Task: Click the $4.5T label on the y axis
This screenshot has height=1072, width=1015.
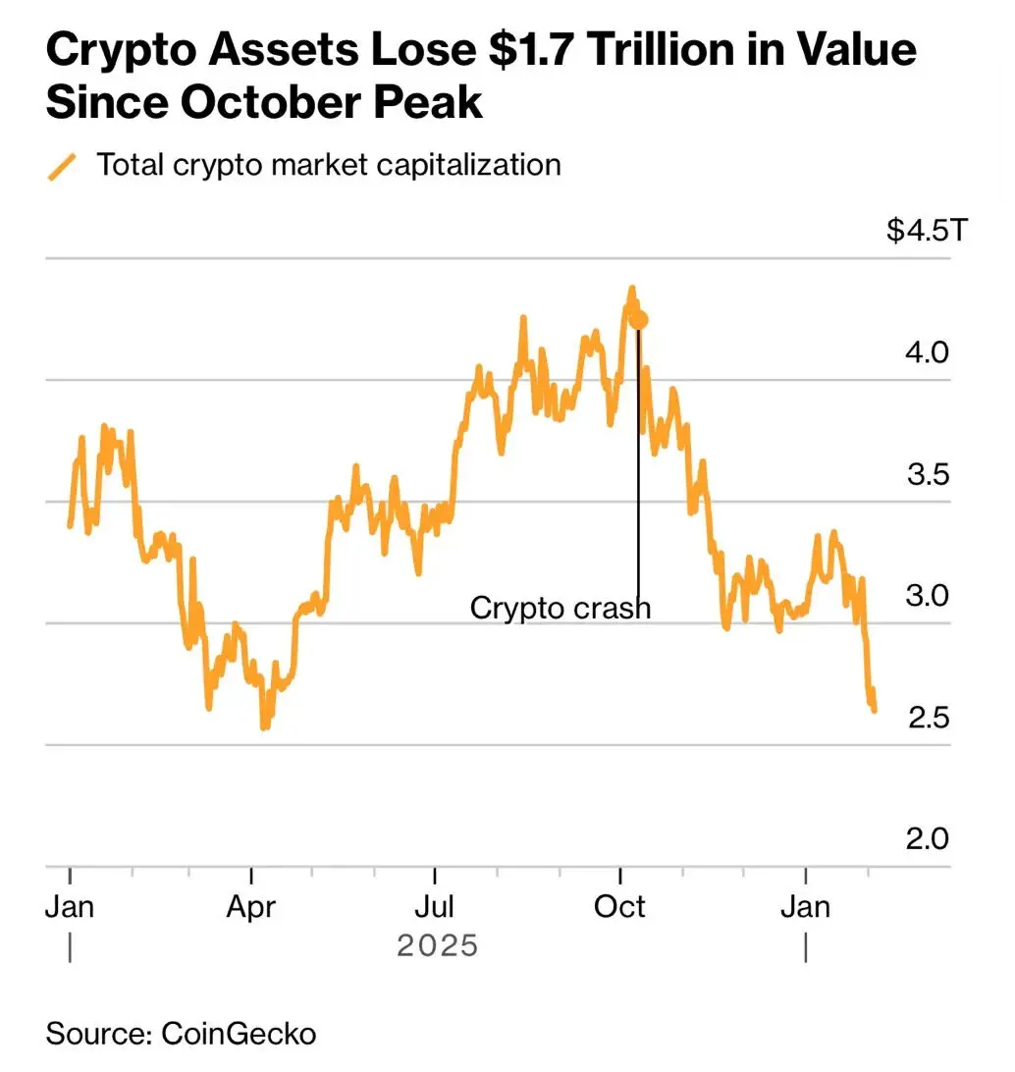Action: [926, 232]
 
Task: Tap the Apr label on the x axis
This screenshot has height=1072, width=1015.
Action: [251, 906]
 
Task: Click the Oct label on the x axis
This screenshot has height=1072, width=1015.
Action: [620, 906]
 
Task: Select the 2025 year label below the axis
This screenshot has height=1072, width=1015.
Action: [437, 946]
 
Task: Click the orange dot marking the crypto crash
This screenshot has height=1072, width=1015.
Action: [640, 320]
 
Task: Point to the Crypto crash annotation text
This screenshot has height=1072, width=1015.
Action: [560, 608]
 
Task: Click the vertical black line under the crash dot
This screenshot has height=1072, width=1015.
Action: [638, 461]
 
